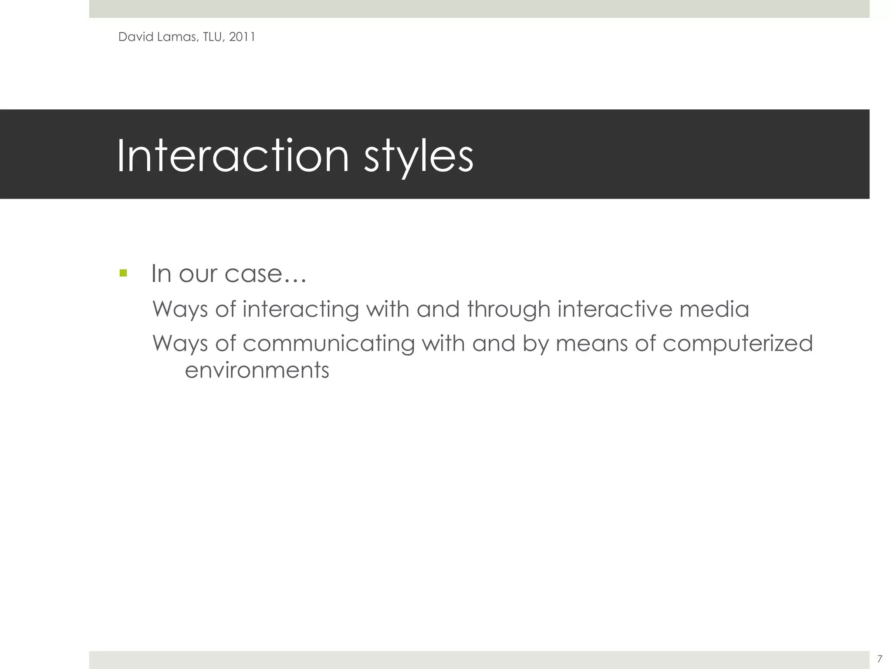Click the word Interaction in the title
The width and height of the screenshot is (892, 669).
click(233, 155)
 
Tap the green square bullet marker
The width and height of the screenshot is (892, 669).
click(123, 273)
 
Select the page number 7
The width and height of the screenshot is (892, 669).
click(879, 659)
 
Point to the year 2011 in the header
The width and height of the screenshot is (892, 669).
click(242, 37)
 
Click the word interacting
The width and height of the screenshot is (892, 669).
click(301, 310)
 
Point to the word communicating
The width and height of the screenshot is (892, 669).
click(328, 344)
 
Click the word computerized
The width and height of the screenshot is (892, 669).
click(738, 344)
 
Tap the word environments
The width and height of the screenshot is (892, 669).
click(257, 370)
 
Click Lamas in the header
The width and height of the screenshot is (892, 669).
click(177, 37)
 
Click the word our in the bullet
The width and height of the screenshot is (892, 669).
click(198, 274)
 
